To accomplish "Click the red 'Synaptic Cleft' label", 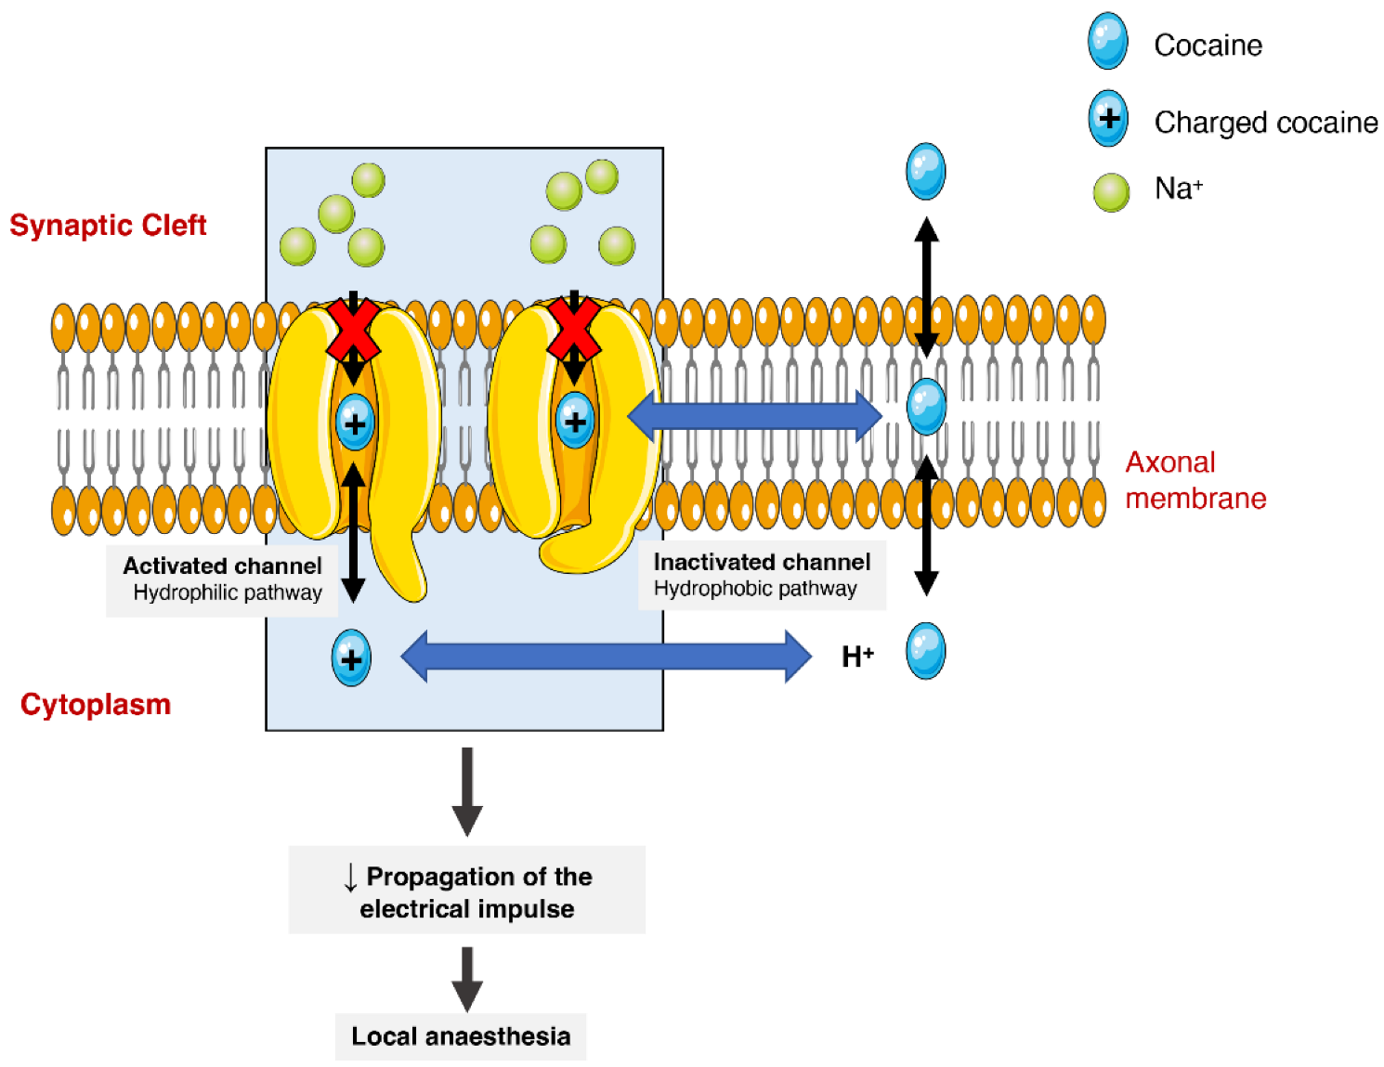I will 108,225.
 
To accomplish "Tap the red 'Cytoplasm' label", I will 96,704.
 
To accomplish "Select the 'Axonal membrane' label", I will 1195,480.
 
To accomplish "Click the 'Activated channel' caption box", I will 222,579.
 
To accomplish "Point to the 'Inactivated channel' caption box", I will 762,575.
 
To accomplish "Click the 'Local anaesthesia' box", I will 461,1035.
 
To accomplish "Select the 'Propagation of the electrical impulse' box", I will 467,891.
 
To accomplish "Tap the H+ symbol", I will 856,657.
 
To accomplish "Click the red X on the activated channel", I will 353,330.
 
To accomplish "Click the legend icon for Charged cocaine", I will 1108,119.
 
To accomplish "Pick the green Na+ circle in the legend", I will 1111,192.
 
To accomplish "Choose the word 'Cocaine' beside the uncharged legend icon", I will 1208,45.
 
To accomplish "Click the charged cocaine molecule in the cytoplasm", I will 351,658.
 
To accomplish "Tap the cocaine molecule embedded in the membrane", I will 926,407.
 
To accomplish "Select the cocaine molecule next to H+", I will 925,651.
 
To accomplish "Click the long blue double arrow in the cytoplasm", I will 606,657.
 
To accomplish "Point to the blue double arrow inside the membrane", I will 754,416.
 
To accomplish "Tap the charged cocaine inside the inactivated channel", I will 575,421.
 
